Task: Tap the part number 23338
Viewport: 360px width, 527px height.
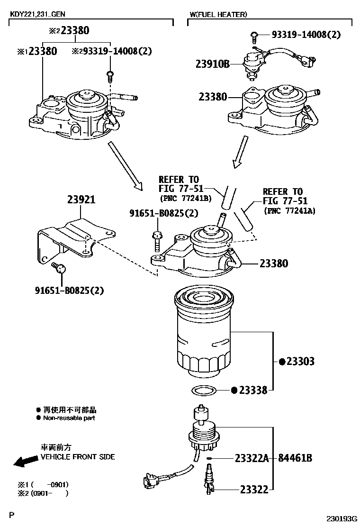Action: point(253,391)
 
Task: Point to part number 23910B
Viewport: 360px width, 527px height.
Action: point(213,63)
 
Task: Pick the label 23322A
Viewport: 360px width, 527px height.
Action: point(252,458)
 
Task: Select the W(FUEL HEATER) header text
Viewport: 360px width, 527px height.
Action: point(218,15)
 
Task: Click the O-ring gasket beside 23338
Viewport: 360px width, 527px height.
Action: point(204,391)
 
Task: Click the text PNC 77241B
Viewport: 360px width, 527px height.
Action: point(185,198)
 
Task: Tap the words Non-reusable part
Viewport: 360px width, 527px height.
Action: point(69,418)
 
